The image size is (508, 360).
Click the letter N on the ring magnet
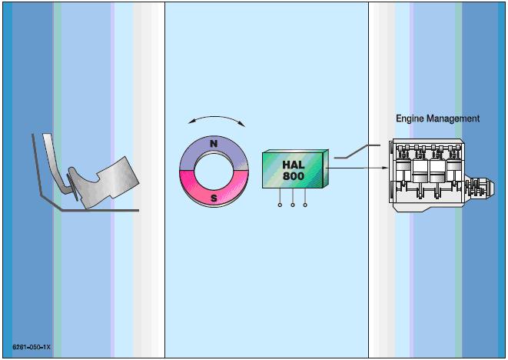(214, 144)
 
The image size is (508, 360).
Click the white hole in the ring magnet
(214, 171)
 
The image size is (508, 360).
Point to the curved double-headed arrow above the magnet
(214, 119)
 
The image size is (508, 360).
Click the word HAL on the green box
(294, 165)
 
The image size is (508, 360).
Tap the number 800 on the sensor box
(294, 176)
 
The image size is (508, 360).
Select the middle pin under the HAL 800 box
(293, 205)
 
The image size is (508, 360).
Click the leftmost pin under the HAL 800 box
(280, 205)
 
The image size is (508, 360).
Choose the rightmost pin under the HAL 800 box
(306, 205)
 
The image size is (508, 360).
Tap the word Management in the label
(453, 118)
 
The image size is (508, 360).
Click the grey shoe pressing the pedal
(104, 181)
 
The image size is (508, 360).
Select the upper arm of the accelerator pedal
(48, 154)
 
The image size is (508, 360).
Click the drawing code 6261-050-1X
(32, 348)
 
